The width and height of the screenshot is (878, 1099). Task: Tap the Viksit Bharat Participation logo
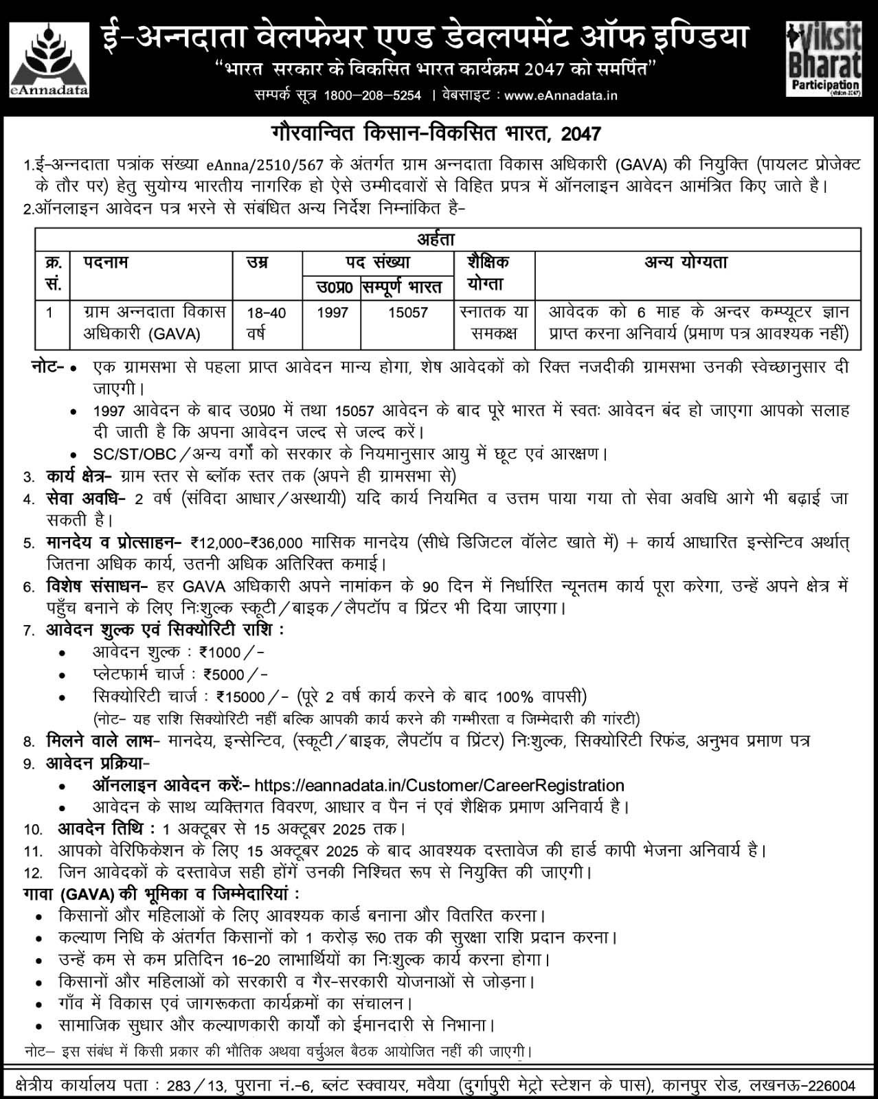824,58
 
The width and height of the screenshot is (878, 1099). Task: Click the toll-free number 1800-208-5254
372,95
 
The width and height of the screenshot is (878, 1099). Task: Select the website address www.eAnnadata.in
561,95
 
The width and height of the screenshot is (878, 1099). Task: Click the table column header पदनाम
106,262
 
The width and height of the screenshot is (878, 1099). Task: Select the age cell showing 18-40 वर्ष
267,323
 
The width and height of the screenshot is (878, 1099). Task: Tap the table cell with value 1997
332,313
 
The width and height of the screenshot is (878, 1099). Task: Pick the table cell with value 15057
407,313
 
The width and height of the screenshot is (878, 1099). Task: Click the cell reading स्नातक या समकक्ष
494,323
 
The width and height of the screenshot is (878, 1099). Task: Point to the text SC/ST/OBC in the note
135,454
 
